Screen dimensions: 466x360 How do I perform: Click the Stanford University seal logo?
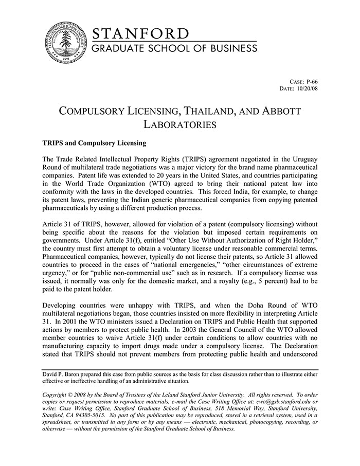65,43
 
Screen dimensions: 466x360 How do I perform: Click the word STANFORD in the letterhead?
140,34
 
